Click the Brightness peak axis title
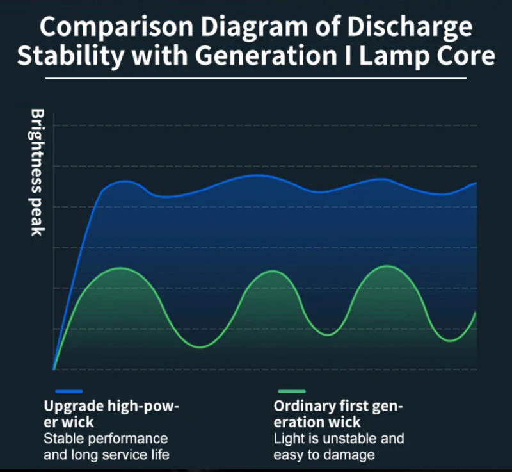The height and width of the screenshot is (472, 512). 37,172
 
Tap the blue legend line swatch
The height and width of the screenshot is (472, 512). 68,391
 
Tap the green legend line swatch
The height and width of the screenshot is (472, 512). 292,391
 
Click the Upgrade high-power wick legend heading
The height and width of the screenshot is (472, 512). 112,414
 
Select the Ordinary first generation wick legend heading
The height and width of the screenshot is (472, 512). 339,414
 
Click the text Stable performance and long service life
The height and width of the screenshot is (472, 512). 106,447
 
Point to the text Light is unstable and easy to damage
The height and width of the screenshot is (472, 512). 339,447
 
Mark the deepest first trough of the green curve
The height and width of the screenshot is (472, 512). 201,348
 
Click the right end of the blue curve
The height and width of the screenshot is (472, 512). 476,183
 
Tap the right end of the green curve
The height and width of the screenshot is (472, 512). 476,313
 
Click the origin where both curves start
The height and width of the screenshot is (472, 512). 54,369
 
